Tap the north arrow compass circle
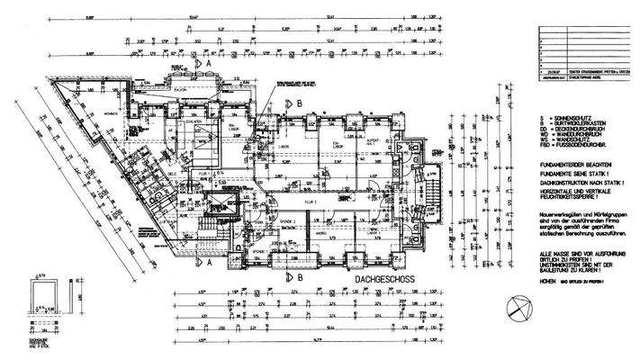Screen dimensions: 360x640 tap(519, 310)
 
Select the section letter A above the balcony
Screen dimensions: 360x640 tap(209, 65)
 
